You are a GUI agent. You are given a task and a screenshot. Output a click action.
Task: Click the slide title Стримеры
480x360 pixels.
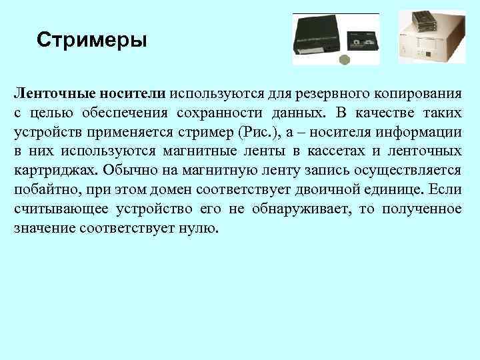pos(91,41)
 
